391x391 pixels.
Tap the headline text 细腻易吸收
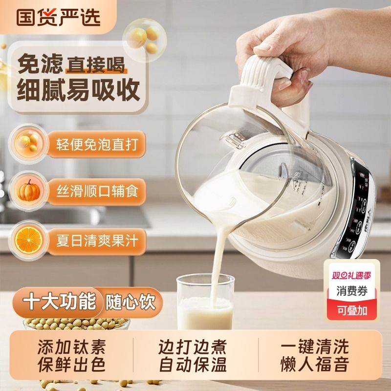(x=79, y=88)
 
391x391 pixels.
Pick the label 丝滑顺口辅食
(x=92, y=191)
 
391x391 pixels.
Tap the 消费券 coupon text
(x=353, y=291)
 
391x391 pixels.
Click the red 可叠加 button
(x=353, y=309)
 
